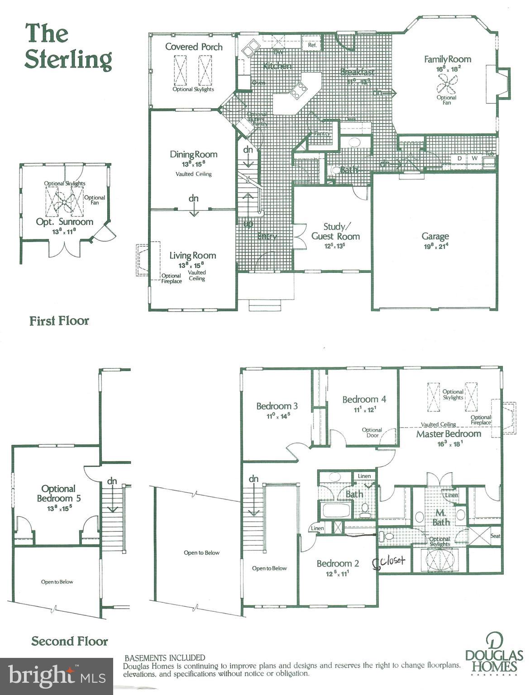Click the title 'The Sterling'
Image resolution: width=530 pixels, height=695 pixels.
coord(68,47)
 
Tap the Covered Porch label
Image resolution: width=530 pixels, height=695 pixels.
coord(194,47)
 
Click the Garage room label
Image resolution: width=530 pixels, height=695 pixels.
coord(435,236)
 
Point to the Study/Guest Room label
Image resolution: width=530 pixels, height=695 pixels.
coord(335,231)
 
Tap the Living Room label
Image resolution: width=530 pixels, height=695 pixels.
coord(192,256)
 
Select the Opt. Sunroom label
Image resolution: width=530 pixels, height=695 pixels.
coord(64,222)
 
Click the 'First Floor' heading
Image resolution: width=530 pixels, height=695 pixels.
coord(59,321)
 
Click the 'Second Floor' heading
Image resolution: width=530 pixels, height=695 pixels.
coord(69,641)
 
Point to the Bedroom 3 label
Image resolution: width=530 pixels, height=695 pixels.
coord(277,406)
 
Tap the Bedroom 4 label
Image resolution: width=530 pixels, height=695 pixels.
coord(364,399)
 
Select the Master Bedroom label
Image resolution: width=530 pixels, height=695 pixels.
coord(448,434)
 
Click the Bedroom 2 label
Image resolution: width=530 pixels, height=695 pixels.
coord(338,563)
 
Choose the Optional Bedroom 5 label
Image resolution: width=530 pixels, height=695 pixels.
coord(58,494)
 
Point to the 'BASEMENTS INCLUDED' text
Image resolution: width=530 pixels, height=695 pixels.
coord(165,657)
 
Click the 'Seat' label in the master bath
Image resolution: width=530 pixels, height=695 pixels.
coord(495,536)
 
